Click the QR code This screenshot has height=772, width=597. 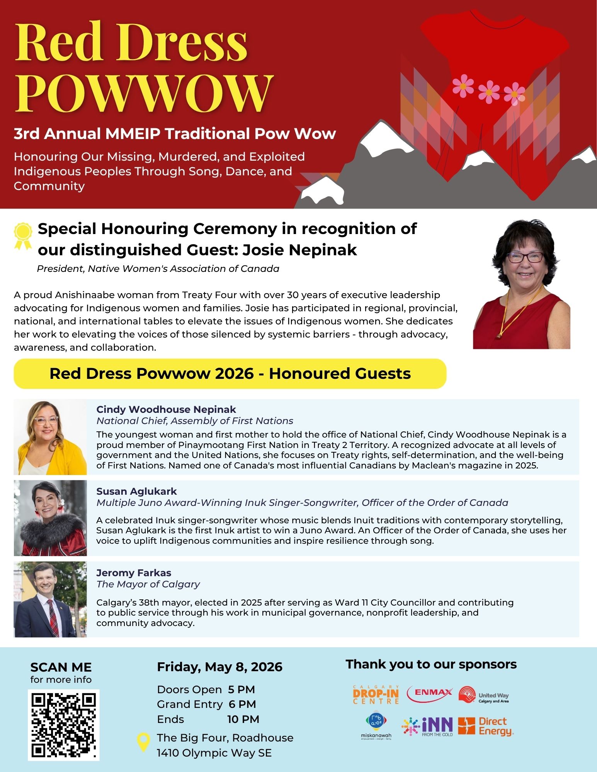[x=63, y=725]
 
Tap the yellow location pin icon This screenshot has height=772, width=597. [x=143, y=742]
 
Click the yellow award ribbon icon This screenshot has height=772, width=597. [x=23, y=236]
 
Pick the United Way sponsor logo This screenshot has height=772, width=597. [x=484, y=695]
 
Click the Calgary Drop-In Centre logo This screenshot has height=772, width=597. [x=376, y=695]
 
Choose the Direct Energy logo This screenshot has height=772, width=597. [x=486, y=726]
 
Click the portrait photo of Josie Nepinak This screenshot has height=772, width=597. [x=521, y=284]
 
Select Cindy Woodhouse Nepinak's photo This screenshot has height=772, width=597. [x=50, y=437]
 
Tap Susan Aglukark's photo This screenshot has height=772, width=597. [x=50, y=518]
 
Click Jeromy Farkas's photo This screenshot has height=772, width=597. [x=50, y=599]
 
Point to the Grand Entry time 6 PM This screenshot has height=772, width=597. [x=242, y=704]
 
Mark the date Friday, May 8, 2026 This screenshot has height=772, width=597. [x=219, y=667]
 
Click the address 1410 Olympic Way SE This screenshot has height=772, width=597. [x=214, y=753]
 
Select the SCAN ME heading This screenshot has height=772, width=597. [x=61, y=667]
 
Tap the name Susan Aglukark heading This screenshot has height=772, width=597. [x=136, y=491]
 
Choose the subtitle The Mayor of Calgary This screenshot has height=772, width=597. [x=148, y=584]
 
